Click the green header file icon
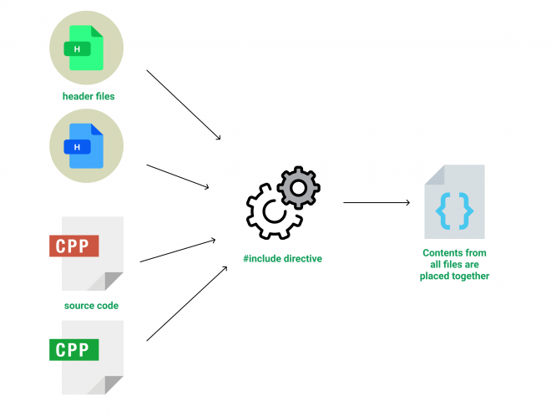[x=87, y=48]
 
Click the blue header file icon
[x=87, y=146]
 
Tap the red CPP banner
[x=74, y=246]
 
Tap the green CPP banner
[x=74, y=349]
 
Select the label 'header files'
[x=88, y=96]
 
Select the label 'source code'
[x=91, y=306]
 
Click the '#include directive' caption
[x=282, y=259]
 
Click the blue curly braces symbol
[x=454, y=213]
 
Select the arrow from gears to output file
[x=377, y=202]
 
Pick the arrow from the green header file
[x=184, y=105]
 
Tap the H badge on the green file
[x=77, y=49]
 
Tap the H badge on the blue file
[x=77, y=147]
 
